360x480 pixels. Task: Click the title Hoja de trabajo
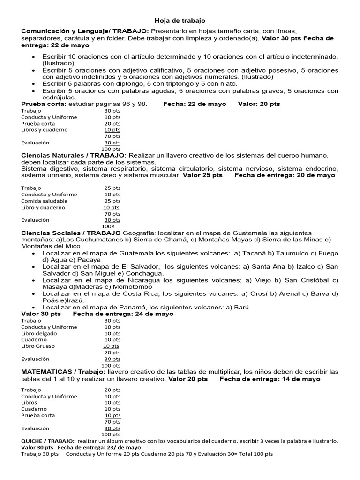click(180, 21)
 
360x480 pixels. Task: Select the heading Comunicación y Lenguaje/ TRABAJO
click(84, 31)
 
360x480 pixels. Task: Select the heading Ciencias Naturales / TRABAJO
click(74, 155)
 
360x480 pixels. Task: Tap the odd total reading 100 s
click(108, 226)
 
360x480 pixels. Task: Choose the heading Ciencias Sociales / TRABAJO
click(72, 233)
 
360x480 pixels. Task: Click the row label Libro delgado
click(39, 333)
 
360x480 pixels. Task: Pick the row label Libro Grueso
click(38, 346)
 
